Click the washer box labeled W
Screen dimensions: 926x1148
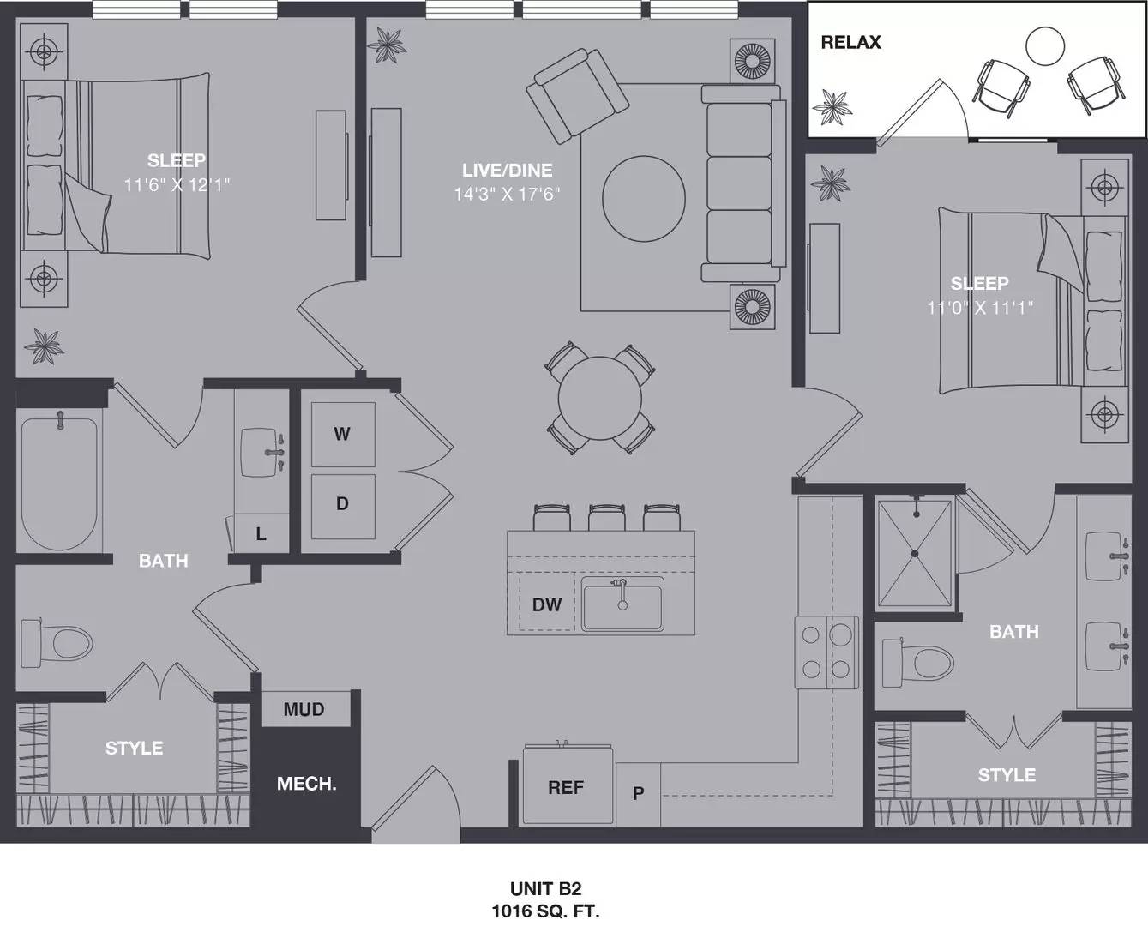[342, 434]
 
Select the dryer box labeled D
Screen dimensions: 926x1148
[342, 504]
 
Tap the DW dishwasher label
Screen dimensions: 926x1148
[546, 604]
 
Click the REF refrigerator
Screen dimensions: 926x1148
[567, 787]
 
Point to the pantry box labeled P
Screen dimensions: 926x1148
[638, 793]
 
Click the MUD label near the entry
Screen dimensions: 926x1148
[304, 709]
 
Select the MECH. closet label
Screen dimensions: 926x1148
[306, 784]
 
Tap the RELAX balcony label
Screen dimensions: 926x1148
[850, 42]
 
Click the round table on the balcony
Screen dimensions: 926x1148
[1045, 46]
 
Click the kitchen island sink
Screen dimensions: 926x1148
[622, 604]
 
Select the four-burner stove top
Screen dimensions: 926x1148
[826, 652]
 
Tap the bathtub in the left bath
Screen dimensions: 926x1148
[59, 484]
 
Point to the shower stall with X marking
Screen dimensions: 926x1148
[915, 554]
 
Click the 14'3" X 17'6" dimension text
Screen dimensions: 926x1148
[507, 195]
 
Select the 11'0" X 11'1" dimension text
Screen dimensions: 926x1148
[979, 307]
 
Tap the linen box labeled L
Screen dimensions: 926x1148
[261, 534]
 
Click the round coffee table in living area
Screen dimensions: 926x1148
[644, 198]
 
